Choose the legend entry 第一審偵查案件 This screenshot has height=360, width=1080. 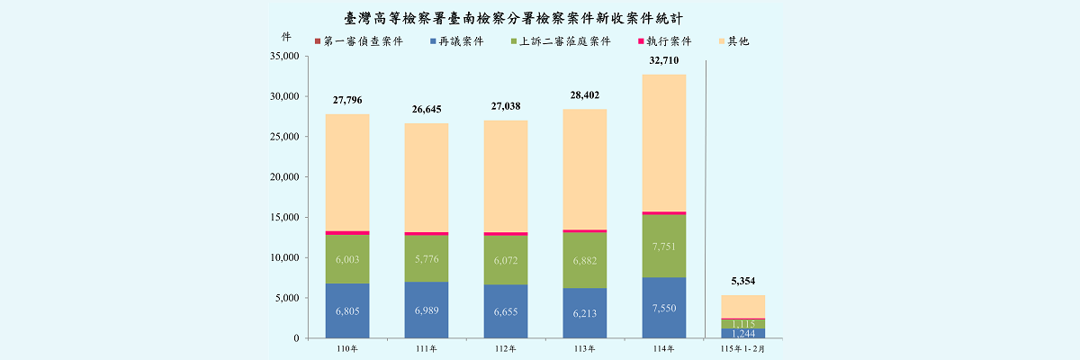click(x=362, y=41)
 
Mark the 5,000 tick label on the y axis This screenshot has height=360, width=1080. click(x=285, y=298)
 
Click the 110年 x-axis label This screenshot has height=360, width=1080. click(x=346, y=348)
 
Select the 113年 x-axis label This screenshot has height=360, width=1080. click(x=584, y=348)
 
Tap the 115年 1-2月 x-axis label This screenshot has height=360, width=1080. click(x=742, y=348)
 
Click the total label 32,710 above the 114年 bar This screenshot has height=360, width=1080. click(x=663, y=61)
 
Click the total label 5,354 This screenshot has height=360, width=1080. click(x=742, y=282)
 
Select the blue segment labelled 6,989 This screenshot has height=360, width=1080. click(x=427, y=310)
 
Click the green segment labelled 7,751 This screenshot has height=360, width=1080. click(x=663, y=246)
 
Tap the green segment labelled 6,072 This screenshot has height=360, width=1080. click(x=505, y=260)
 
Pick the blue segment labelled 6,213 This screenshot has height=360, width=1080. click(x=584, y=313)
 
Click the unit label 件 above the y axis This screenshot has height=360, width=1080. click(x=286, y=36)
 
